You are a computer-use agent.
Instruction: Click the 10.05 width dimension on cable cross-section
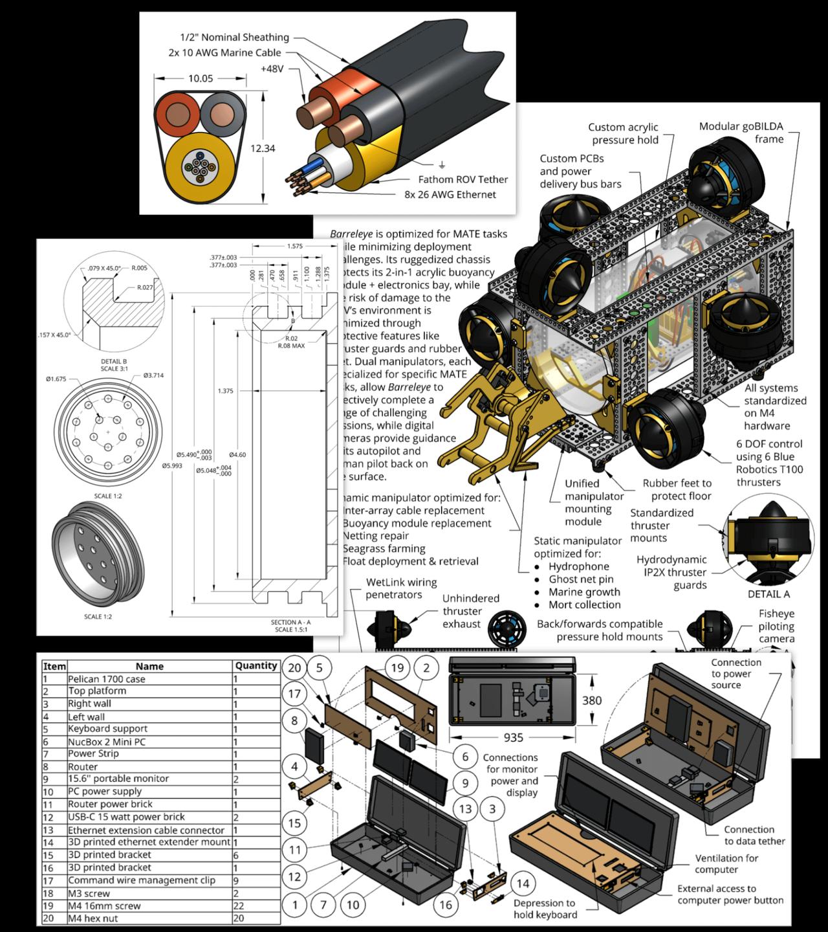pyautogui.click(x=201, y=78)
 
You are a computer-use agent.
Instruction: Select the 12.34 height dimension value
pyautogui.click(x=263, y=148)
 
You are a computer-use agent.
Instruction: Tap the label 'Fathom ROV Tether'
pyautogui.click(x=463, y=179)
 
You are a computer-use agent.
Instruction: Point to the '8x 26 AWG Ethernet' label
pyautogui.click(x=450, y=194)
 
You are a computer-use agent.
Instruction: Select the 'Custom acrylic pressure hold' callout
pyautogui.click(x=624, y=133)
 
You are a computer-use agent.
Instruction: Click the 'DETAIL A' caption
pyautogui.click(x=768, y=594)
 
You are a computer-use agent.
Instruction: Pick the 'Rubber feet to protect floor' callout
pyautogui.click(x=677, y=489)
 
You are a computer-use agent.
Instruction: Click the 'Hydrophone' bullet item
pyautogui.click(x=578, y=566)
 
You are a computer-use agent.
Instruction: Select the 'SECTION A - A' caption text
pyautogui.click(x=290, y=622)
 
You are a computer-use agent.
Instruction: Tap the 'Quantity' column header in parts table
pyautogui.click(x=256, y=665)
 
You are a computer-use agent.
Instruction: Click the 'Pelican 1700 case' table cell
pyautogui.click(x=107, y=679)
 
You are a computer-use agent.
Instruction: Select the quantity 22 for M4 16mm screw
pyautogui.click(x=238, y=905)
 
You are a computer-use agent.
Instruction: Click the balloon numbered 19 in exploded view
pyautogui.click(x=397, y=668)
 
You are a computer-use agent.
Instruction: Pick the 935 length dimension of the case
pyautogui.click(x=513, y=737)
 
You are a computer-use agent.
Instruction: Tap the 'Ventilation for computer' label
pyautogui.click(x=726, y=863)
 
